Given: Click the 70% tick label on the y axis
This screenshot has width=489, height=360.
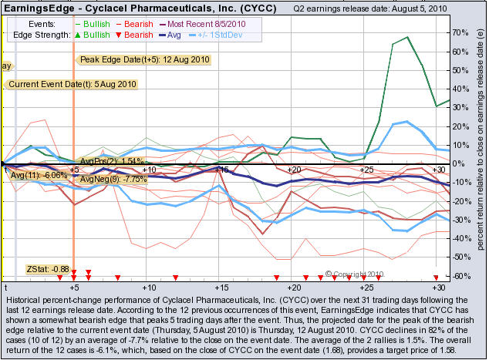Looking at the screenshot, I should [461, 33].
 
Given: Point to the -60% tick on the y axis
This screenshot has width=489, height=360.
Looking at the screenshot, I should [461, 276].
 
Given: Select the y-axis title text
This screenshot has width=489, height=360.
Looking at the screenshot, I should [479, 154].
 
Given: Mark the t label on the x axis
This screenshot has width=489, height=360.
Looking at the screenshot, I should [5, 285].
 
